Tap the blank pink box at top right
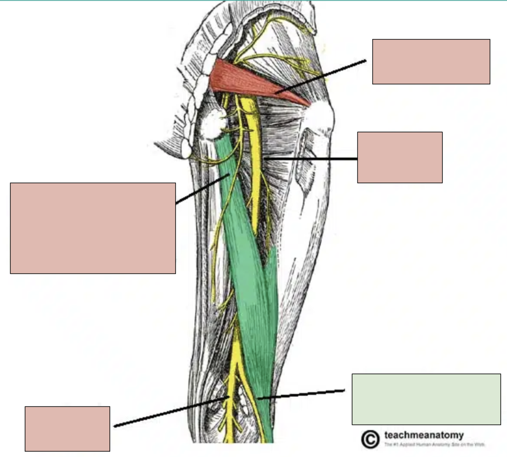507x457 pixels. click(x=431, y=61)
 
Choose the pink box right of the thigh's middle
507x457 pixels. click(x=400, y=157)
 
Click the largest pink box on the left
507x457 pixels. click(x=93, y=228)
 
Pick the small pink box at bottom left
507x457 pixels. click(x=67, y=428)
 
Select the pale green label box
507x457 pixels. click(x=426, y=399)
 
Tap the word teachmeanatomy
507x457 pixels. click(x=418, y=435)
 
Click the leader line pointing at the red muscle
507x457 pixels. click(x=320, y=76)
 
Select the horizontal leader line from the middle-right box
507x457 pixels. click(x=311, y=159)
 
